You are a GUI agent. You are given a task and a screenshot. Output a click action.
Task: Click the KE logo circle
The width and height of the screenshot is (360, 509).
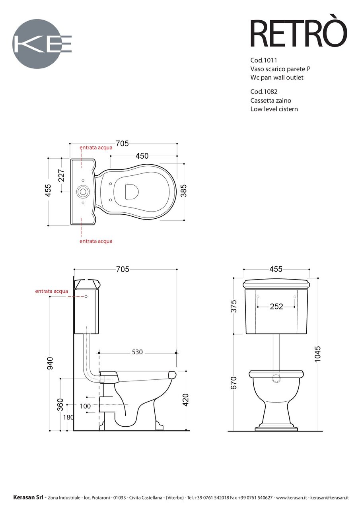point(36,44)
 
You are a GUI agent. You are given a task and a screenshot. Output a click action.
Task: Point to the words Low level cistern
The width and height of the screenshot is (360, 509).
point(274,109)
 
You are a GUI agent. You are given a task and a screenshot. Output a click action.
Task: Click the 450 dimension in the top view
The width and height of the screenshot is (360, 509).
point(142,156)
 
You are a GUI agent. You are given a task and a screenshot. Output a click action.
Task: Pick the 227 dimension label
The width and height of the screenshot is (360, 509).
point(62,175)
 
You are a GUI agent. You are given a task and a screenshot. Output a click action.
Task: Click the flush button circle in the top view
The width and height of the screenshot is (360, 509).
point(83,191)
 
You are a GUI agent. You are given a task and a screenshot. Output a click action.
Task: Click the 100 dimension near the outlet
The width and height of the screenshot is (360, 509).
point(85,406)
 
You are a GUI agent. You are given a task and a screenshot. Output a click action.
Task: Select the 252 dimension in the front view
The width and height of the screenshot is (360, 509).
point(276,307)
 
